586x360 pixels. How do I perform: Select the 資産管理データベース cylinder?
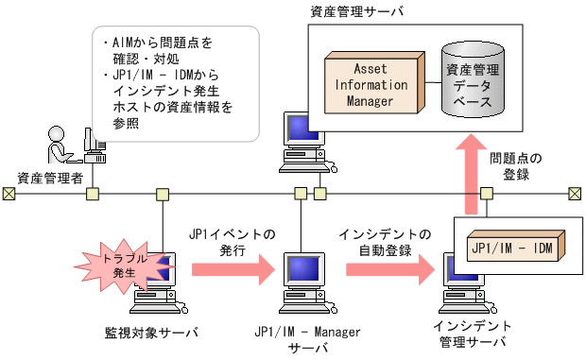[473, 77]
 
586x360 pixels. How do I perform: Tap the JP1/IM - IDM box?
[511, 247]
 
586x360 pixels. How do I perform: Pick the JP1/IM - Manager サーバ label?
[302, 339]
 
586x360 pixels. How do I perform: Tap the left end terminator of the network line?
[9, 194]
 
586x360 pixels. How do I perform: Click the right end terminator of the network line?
[574, 194]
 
